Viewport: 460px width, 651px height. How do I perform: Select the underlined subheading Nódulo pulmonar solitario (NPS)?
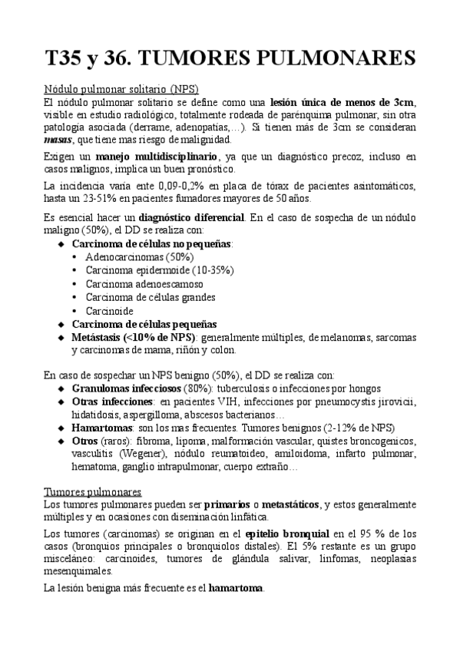coord(121,89)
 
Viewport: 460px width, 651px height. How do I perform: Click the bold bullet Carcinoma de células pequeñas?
coord(144,324)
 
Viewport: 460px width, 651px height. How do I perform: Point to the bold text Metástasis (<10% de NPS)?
coord(133,338)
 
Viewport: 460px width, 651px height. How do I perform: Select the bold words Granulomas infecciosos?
coord(127,388)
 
